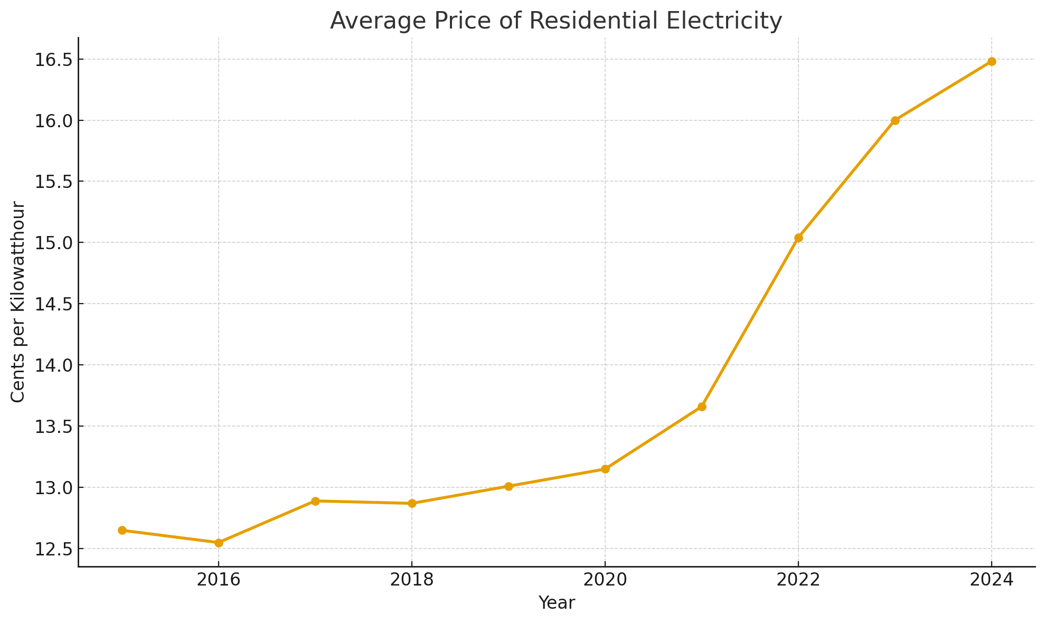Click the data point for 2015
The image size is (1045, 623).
[122, 530]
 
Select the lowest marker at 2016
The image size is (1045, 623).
[219, 542]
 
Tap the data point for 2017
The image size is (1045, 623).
[315, 501]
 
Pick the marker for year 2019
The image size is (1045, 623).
[509, 486]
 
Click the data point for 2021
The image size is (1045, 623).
[702, 407]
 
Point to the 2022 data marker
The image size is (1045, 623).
[798, 238]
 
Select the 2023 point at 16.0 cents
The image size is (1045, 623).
[895, 120]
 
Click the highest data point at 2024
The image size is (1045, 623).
[992, 61]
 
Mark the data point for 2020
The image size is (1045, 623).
[605, 469]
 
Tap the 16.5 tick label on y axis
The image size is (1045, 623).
[53, 60]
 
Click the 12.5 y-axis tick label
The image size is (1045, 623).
[53, 549]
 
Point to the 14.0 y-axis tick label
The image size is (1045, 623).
[53, 365]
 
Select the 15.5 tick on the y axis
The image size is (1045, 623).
[53, 182]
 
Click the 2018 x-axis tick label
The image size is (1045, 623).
[412, 580]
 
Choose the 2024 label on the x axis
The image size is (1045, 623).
[992, 580]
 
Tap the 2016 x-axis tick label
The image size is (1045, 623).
[219, 580]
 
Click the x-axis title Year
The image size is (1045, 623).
[557, 603]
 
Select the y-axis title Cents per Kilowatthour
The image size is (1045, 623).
[18, 301]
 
